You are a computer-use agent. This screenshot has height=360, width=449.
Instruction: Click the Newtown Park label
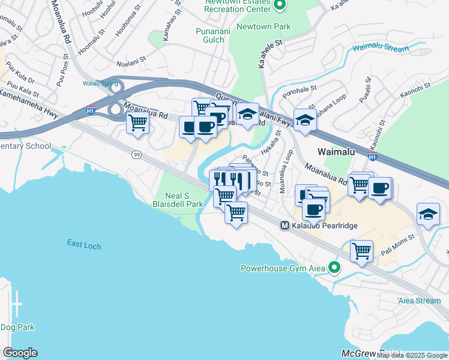[x=263, y=26]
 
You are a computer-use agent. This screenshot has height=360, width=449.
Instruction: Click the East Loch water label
[x=84, y=245]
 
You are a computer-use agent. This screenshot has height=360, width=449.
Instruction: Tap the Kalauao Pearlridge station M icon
[x=286, y=226]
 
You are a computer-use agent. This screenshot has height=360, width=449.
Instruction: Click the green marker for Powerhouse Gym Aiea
[x=336, y=268]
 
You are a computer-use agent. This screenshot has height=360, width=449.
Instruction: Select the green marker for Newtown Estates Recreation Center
[x=280, y=6]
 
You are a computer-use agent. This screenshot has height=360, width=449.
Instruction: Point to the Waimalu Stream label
[x=380, y=47]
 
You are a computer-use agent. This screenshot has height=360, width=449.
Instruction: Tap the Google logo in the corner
[x=20, y=353]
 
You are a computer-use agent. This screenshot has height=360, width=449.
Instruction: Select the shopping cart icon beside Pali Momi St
[x=361, y=251]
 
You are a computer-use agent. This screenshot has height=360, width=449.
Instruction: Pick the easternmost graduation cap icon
[x=428, y=214]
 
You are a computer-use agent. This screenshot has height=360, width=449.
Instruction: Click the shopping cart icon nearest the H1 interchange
[x=138, y=123]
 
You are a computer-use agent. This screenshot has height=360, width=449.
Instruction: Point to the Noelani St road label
[x=131, y=62]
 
